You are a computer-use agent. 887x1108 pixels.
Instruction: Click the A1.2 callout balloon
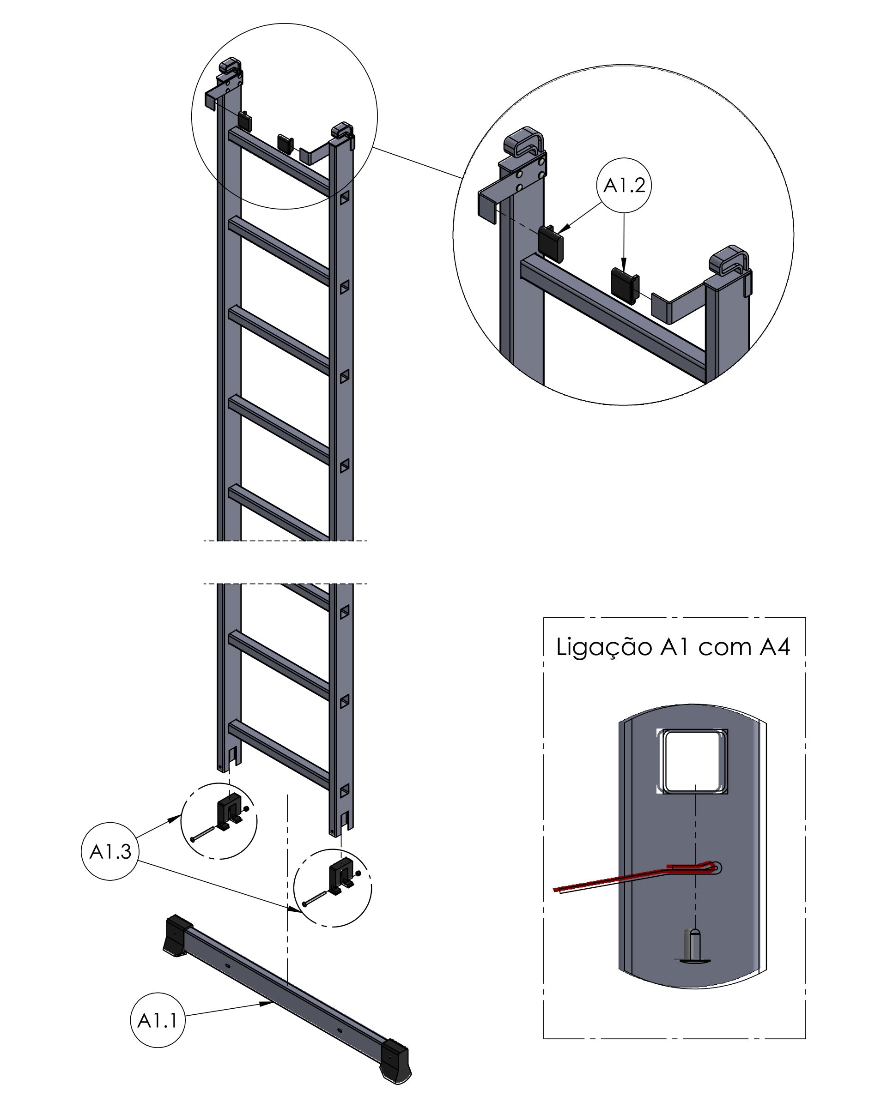pos(624,186)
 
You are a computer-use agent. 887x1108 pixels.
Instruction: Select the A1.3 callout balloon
pos(110,852)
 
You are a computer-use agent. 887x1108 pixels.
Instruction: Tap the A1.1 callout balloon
pos(158,1020)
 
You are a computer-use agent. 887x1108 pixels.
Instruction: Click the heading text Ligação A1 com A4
pos(673,646)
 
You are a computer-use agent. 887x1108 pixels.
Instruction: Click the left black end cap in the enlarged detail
pos(551,244)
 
